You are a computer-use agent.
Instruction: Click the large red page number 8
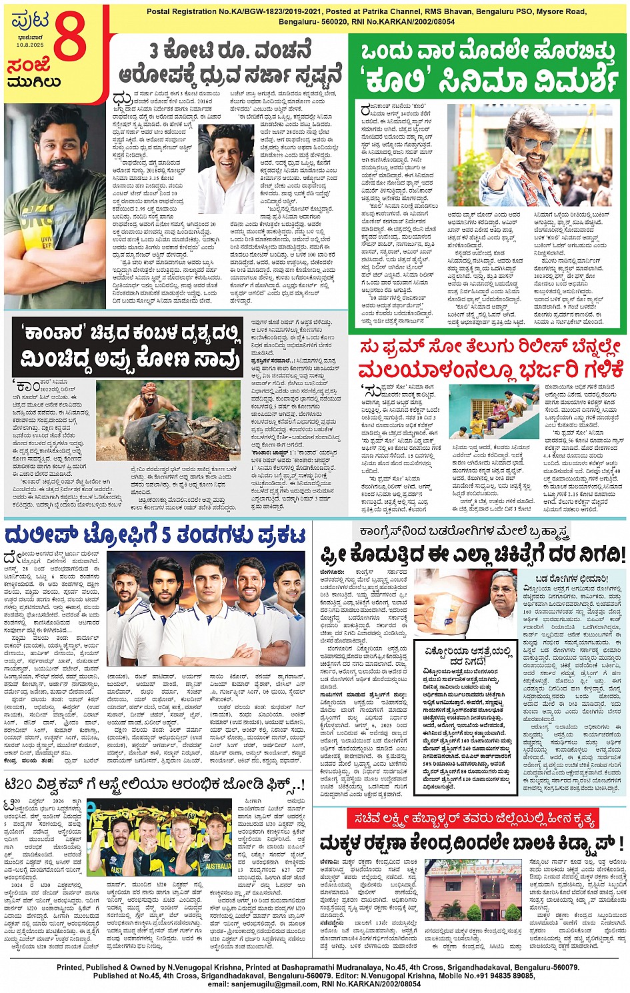pos(69,37)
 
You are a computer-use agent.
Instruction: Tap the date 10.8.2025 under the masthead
pos(30,45)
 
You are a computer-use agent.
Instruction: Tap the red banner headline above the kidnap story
pos(472,818)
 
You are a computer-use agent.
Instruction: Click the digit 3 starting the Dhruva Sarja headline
pos(154,50)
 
